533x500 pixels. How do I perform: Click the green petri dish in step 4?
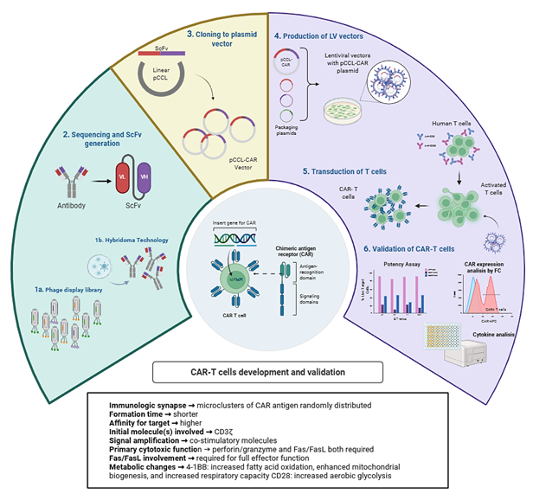tap(342, 111)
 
